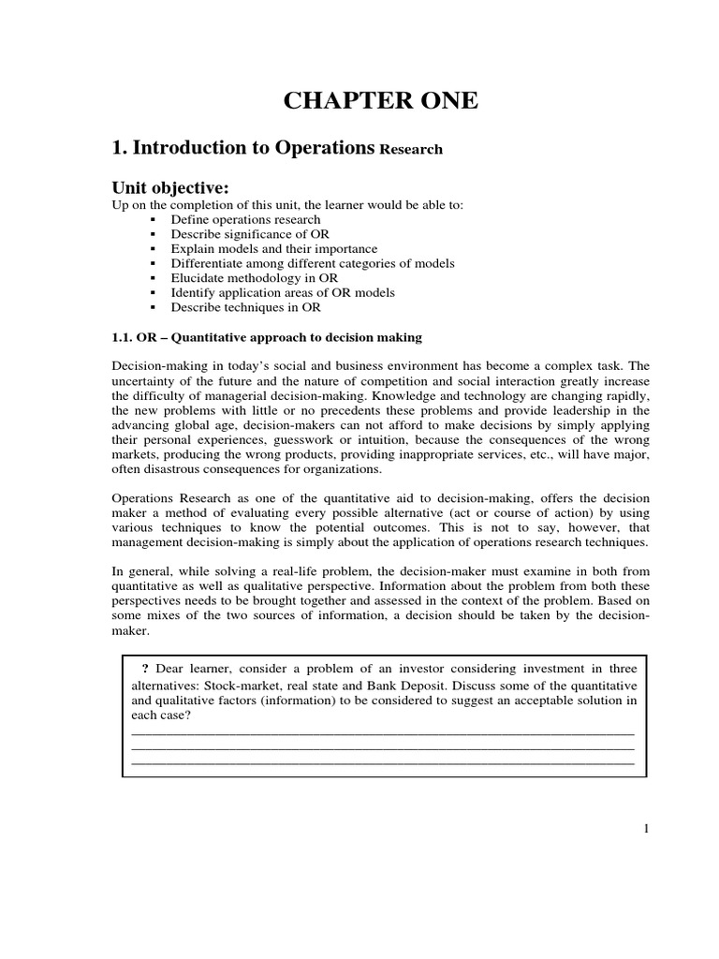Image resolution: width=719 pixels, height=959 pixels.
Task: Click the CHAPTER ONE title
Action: (x=381, y=101)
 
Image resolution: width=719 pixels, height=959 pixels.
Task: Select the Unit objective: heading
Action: (x=170, y=188)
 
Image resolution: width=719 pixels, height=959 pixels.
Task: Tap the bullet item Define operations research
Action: (x=245, y=220)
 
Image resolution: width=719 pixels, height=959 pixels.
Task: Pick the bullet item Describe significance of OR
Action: (x=249, y=234)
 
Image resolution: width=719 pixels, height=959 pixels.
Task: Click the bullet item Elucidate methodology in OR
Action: (x=255, y=278)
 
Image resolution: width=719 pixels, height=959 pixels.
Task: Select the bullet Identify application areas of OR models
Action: (x=283, y=293)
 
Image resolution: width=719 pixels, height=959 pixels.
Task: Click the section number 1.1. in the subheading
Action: (x=125, y=337)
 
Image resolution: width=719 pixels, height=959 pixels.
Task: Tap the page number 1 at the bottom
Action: (x=646, y=827)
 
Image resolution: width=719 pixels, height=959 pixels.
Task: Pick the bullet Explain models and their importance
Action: (x=274, y=249)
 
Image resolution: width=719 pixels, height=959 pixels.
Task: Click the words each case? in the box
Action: (x=162, y=715)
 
